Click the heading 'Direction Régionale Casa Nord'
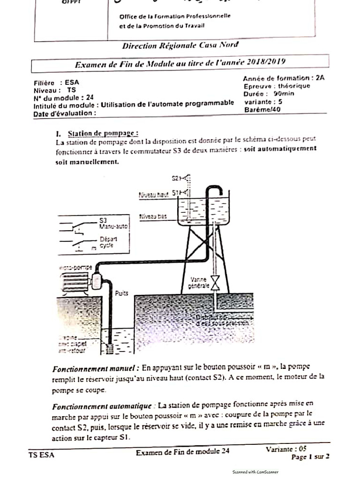coord(180,45)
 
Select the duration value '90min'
coord(283,93)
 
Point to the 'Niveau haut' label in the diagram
coord(153,195)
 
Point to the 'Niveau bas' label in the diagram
coord(153,217)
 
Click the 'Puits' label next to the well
coord(121,293)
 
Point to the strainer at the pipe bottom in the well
coord(110,349)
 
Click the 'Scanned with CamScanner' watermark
coord(255,472)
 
